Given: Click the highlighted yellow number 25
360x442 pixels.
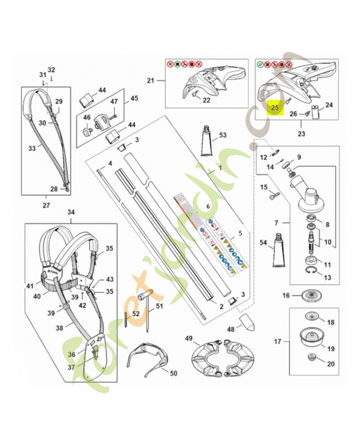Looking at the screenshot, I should [275, 108].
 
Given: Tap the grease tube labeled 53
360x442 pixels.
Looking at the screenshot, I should [208, 144].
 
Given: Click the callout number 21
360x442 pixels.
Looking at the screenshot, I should [151, 81].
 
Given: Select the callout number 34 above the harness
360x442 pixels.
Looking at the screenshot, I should [71, 212].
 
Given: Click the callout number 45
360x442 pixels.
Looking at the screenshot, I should [134, 99].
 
